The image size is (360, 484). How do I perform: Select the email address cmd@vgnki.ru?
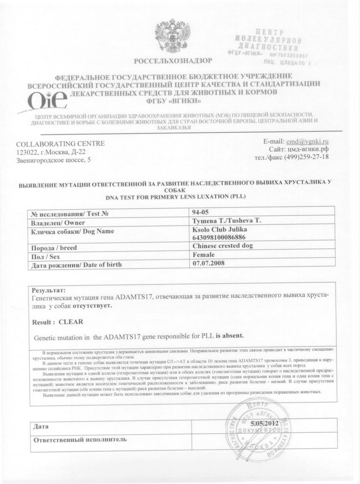click(x=308, y=142)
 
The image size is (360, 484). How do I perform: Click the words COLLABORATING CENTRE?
click(x=60, y=144)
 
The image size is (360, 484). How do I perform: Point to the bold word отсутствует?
click(x=92, y=306)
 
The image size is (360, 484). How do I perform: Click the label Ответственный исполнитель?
click(x=79, y=439)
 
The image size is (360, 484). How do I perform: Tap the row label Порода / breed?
click(x=54, y=248)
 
